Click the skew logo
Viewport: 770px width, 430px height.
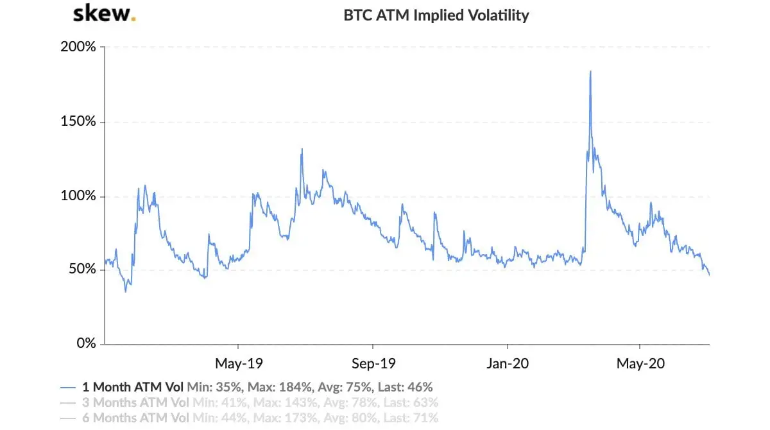[103, 14]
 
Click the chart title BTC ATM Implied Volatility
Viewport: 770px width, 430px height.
[436, 15]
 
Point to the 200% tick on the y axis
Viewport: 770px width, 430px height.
[79, 47]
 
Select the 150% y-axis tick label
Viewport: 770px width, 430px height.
[79, 122]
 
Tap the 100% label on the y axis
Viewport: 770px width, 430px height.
[79, 196]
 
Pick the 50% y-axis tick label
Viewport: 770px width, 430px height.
[82, 270]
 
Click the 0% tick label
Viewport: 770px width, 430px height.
[85, 343]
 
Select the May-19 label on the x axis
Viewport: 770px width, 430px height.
[238, 364]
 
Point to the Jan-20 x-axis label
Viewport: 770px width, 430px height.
[507, 364]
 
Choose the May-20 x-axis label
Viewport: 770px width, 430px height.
[640, 364]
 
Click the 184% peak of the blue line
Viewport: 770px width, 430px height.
[590, 71]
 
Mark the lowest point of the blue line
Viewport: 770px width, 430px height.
[126, 291]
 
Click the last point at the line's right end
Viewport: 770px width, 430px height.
[709, 275]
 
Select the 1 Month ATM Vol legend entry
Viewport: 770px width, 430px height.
[133, 387]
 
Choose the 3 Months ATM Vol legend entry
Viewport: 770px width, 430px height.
[136, 403]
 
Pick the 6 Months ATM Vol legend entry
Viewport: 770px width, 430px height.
[136, 418]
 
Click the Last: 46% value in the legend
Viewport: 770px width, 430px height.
[404, 387]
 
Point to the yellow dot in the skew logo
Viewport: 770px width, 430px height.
[133, 19]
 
